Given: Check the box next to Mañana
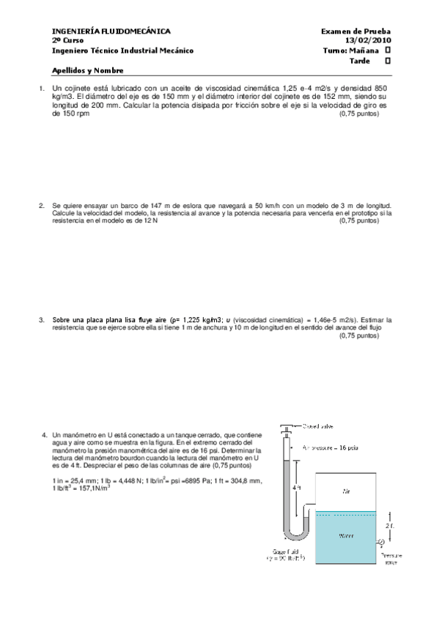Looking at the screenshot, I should [388, 51].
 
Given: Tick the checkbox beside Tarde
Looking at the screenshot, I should [388, 61].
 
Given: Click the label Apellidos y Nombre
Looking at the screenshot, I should [87, 71].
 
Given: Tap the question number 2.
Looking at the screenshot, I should [42, 206].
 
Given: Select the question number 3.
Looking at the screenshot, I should [42, 320].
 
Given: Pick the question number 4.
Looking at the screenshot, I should [45, 435].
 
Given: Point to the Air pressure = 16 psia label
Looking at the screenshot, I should [332, 447].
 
